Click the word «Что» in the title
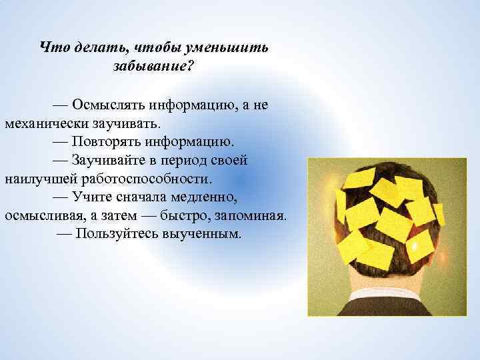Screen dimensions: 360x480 [x=52, y=47]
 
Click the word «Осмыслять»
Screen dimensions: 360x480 [x=108, y=105]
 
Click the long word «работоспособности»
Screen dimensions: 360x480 [x=147, y=179]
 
